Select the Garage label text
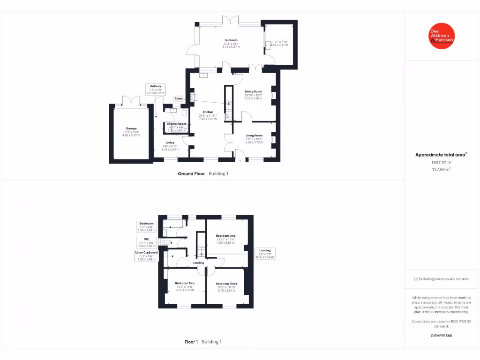(131, 128)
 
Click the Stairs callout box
(179, 98)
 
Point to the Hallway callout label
(156, 86)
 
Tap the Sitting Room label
(253, 92)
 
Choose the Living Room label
(255, 135)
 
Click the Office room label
(170, 143)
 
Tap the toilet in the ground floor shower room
(183, 113)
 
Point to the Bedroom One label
(225, 235)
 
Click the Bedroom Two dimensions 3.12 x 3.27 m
(185, 290)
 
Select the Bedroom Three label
(226, 284)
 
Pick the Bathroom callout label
(146, 224)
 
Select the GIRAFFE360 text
(442, 336)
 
